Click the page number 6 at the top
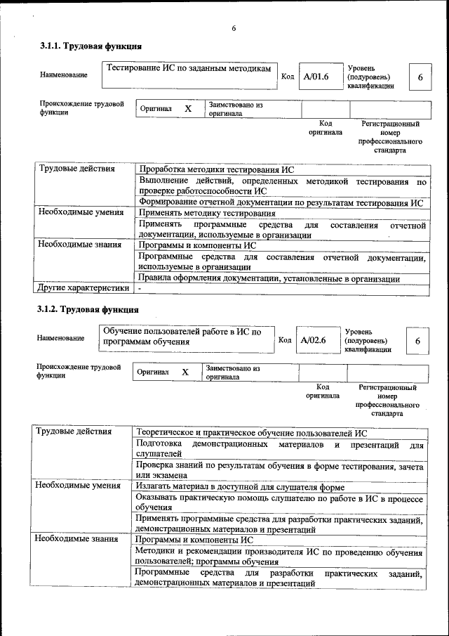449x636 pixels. tap(234, 28)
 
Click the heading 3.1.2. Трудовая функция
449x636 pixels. tap(88, 309)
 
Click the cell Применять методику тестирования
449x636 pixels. tap(207, 213)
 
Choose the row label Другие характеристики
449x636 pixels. tap(83, 287)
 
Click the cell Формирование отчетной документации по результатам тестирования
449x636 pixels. tap(281, 202)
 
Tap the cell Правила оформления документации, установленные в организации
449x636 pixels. tap(269, 278)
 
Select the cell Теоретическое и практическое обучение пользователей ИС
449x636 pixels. tap(251, 433)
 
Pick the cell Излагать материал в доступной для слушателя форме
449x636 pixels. tap(239, 486)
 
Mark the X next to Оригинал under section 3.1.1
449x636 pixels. tap(187, 109)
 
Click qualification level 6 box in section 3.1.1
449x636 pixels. tap(420, 77)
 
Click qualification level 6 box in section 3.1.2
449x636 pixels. tap(417, 341)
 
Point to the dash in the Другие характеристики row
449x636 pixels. tap(140, 288)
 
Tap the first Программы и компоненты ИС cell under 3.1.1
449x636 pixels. tap(197, 246)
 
